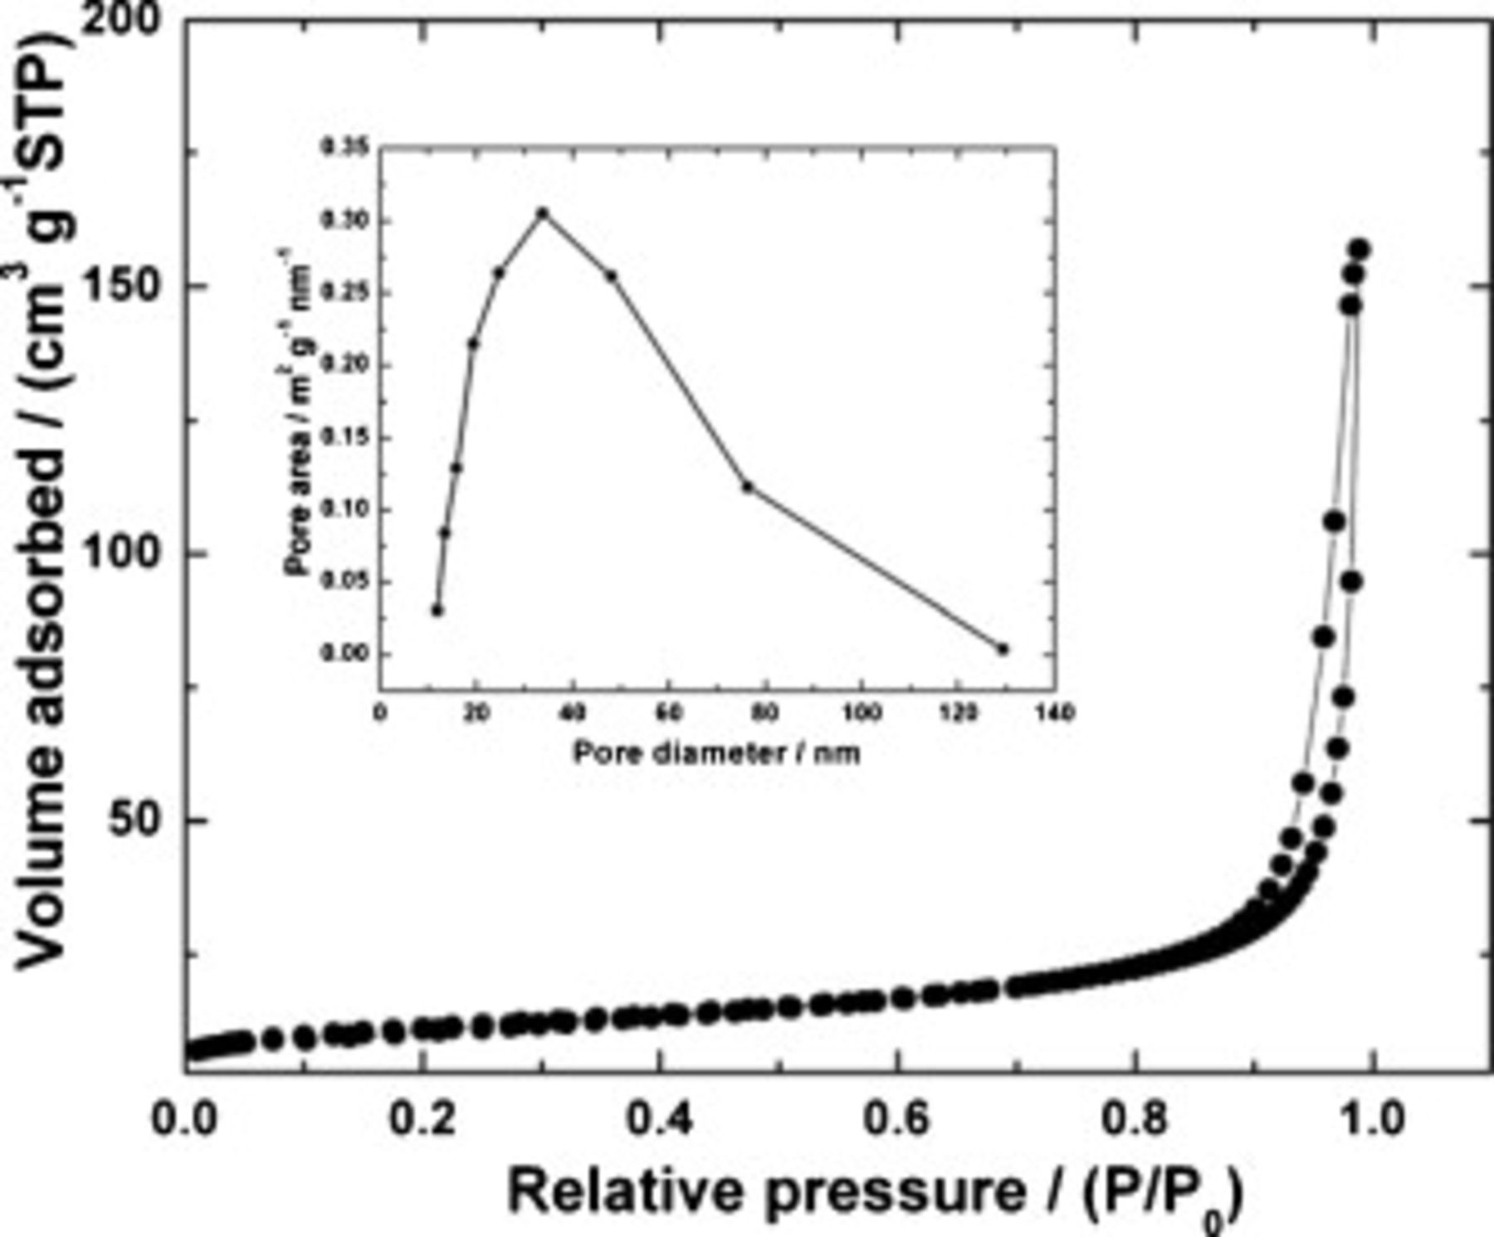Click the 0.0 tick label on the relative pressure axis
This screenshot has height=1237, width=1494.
(185, 1119)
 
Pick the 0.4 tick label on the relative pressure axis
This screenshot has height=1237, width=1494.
(661, 1119)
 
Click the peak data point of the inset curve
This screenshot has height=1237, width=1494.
(543, 213)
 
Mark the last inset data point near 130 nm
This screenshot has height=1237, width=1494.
(1003, 649)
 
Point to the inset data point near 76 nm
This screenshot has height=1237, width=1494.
(747, 486)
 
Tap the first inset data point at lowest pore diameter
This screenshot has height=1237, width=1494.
(437, 611)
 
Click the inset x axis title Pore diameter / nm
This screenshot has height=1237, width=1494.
(716, 753)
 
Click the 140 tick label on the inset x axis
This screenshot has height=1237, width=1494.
(1055, 713)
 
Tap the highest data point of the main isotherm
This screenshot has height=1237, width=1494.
(1359, 250)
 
